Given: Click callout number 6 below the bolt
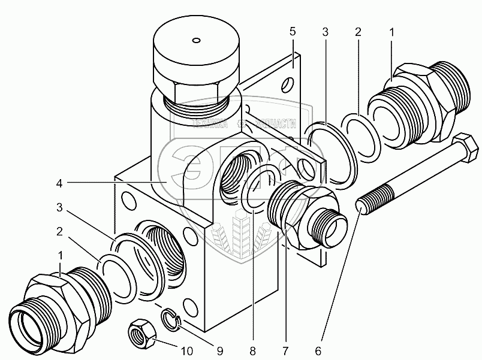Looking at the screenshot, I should [x=317, y=350].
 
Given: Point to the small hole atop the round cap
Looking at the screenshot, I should [x=195, y=41].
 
